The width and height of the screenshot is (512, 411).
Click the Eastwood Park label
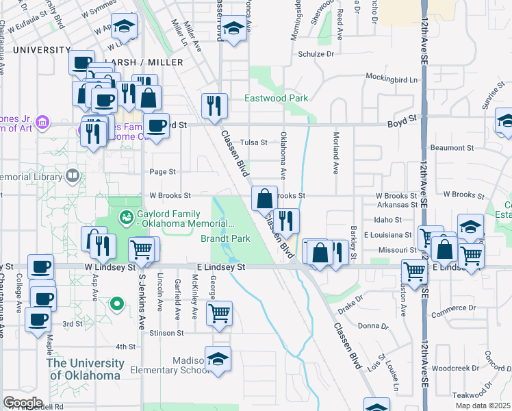tap(277, 98)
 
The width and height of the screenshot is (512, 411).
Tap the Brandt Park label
tap(225, 238)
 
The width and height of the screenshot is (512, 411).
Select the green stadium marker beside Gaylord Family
tap(126, 218)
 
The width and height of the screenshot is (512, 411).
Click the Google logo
tap(23, 403)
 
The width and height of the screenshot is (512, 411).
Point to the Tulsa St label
tap(253, 142)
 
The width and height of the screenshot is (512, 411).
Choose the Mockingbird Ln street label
tap(392, 79)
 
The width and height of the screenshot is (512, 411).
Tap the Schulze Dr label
tap(316, 54)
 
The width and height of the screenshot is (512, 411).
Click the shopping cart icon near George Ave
tap(219, 313)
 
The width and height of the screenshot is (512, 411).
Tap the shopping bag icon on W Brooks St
tap(264, 199)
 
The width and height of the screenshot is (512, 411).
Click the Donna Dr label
tap(373, 326)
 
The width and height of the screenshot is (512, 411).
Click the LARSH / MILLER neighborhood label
tap(150, 62)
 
